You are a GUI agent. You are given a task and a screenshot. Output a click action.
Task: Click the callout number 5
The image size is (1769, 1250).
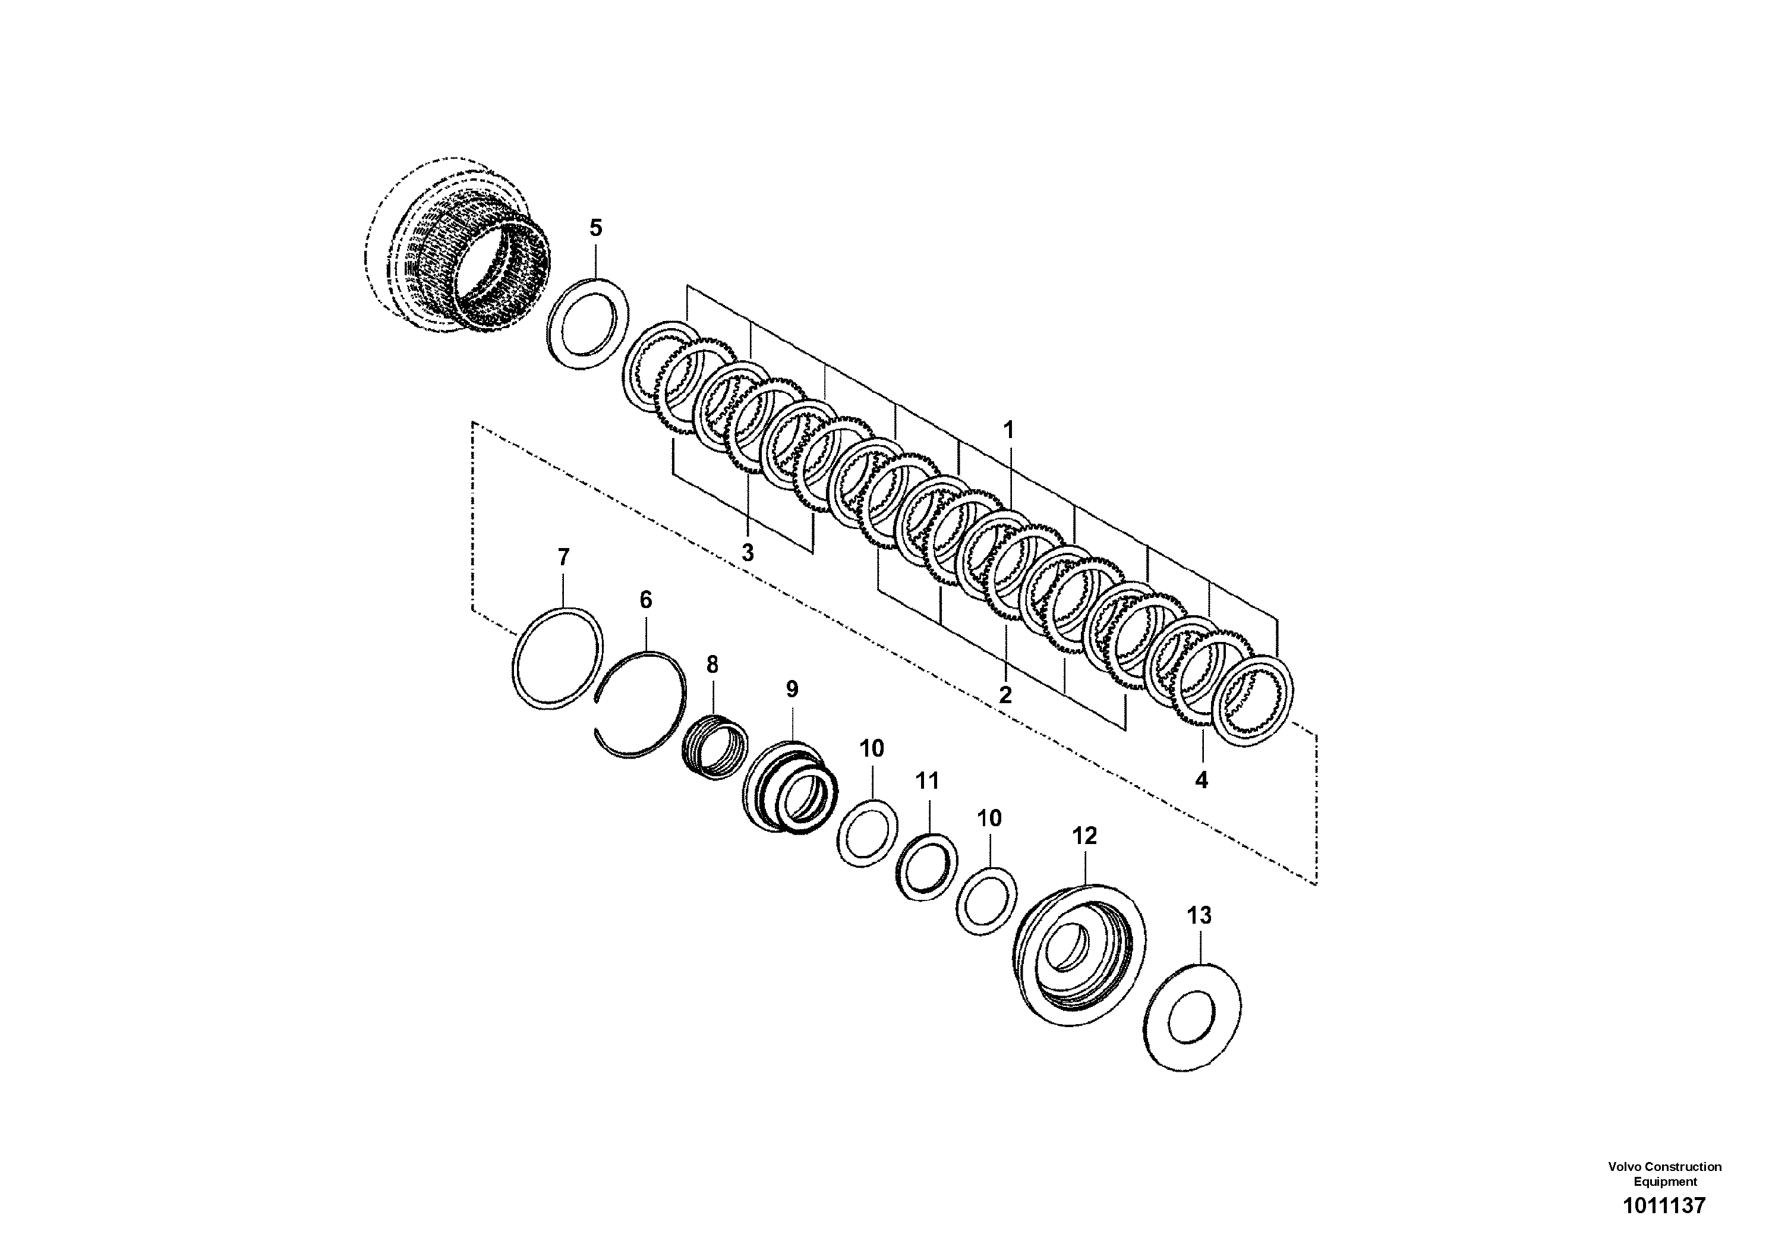click(595, 228)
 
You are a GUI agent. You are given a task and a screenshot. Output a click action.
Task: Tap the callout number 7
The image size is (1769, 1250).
click(563, 556)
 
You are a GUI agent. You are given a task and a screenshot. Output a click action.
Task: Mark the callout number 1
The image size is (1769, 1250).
click(1008, 430)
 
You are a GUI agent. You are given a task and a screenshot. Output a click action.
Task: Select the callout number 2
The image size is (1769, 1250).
click(1005, 694)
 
